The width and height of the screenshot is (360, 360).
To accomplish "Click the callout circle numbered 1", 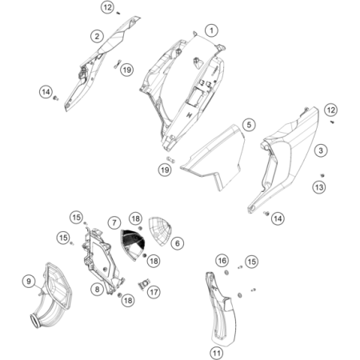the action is [x=212, y=30].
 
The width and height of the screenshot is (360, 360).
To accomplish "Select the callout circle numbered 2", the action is [x=97, y=36].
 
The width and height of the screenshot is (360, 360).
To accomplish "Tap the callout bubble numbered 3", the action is [x=321, y=150].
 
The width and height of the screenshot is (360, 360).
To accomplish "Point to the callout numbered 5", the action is [x=249, y=125].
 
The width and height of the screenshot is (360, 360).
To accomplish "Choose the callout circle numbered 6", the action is [x=178, y=243].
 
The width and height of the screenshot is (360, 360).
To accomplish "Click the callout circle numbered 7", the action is [x=114, y=222].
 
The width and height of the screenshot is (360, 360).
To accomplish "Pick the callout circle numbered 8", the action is [x=97, y=289].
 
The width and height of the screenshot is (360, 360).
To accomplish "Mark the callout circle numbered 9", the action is [x=29, y=281].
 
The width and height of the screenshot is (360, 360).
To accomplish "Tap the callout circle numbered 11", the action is [x=216, y=354].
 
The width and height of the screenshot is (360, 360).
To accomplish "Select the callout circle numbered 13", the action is [x=319, y=187].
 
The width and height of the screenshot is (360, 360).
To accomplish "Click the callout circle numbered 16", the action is [x=222, y=260].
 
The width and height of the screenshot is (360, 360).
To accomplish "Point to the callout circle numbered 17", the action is [x=154, y=292].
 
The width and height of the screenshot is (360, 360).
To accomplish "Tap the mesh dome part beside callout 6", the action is [x=159, y=231].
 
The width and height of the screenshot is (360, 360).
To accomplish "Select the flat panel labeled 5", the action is [x=214, y=158].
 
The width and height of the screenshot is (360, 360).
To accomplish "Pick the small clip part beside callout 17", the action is [x=144, y=284].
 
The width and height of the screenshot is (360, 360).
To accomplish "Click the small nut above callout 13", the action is [x=322, y=175].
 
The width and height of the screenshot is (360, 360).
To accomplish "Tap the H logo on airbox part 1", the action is [x=190, y=115].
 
